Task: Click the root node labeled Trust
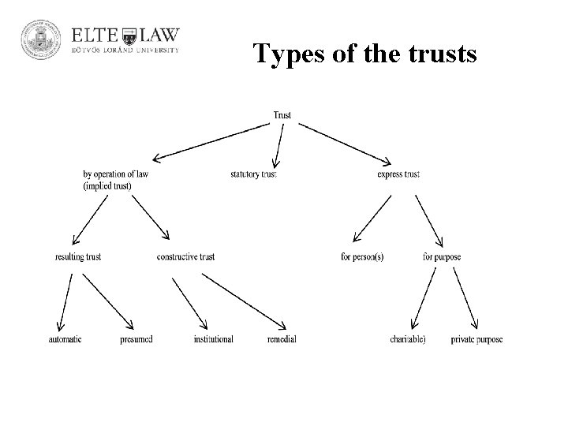click(282, 115)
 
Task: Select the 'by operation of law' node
click(114, 174)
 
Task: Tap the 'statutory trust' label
click(253, 174)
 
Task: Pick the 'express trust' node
click(398, 174)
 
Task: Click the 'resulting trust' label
click(78, 257)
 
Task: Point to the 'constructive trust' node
click(185, 257)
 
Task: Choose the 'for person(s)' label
click(362, 257)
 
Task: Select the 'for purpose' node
click(442, 257)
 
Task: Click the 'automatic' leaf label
click(65, 339)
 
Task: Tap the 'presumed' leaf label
click(136, 339)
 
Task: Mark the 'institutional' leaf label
click(213, 339)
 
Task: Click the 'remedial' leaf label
click(282, 339)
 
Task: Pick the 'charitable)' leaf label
click(408, 339)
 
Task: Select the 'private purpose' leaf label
click(476, 339)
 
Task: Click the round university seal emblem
click(39, 41)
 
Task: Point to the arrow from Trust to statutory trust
click(277, 144)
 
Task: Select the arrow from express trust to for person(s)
click(372, 217)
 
